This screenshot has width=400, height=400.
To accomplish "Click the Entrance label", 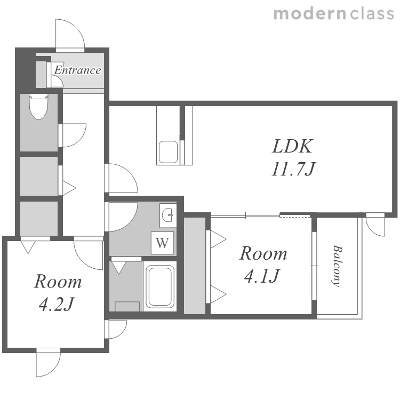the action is tap(77, 70).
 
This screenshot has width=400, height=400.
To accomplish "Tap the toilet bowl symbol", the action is tap(38, 107).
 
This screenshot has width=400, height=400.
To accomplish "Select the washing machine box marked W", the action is tap(162, 243).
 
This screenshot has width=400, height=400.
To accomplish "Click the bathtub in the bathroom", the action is tap(160, 286).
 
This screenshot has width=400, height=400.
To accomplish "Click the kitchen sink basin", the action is tap(169, 151).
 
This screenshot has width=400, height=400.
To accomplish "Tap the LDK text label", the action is tap(292, 146).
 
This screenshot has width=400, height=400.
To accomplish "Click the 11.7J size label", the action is tap(293, 169).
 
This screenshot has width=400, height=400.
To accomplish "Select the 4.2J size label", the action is tap(57, 304).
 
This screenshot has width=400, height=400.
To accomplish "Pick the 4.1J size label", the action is tap(262, 276).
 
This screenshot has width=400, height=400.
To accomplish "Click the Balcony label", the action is tap(337, 266).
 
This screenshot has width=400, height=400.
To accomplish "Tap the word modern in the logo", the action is tap(310, 13).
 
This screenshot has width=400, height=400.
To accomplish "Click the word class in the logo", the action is tap(372, 13).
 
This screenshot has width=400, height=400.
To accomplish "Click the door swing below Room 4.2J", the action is tap(54, 367).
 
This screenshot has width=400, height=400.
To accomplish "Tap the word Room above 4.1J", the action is tap(263, 253).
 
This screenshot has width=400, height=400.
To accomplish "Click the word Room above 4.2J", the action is tap(58, 282).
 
